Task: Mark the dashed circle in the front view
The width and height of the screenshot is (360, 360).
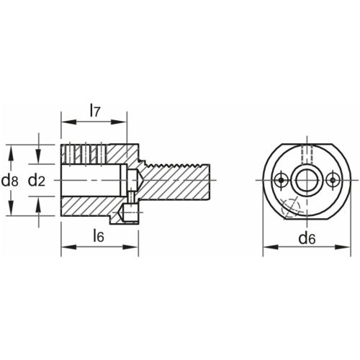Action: click(289, 207)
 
